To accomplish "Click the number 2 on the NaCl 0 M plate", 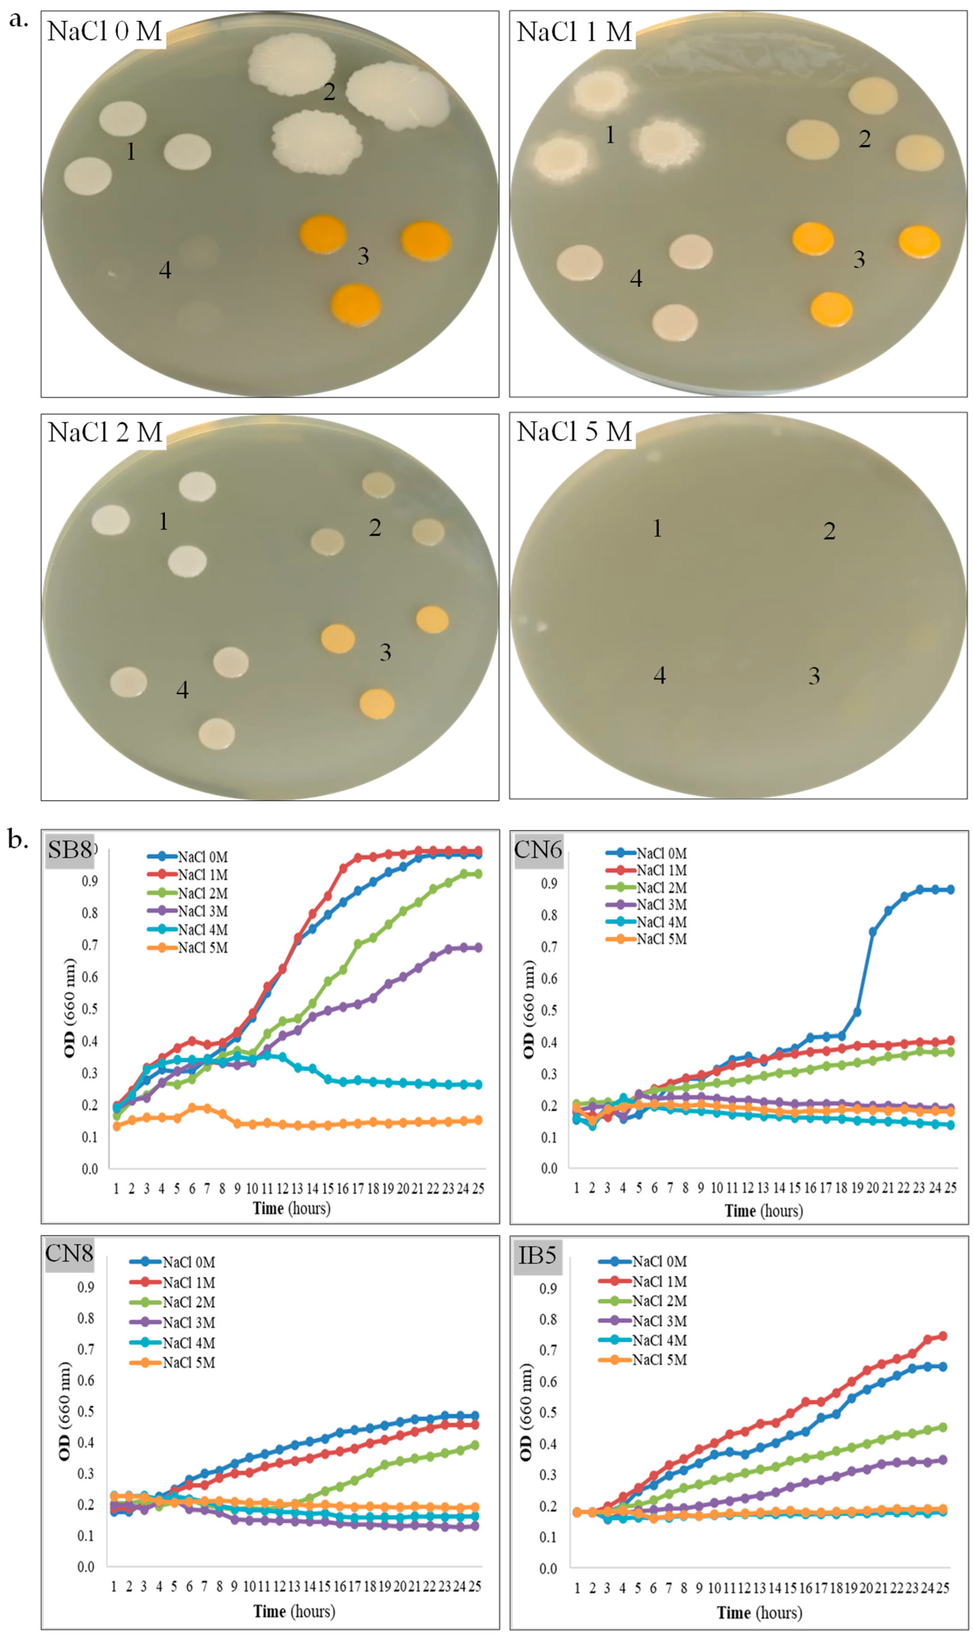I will pyautogui.click(x=329, y=91).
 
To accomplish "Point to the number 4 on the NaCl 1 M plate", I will pyautogui.click(x=635, y=278).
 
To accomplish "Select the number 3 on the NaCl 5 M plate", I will pyautogui.click(x=814, y=676).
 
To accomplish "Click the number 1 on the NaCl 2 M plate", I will pyautogui.click(x=163, y=521).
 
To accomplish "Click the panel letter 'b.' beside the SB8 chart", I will pyautogui.click(x=18, y=839).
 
